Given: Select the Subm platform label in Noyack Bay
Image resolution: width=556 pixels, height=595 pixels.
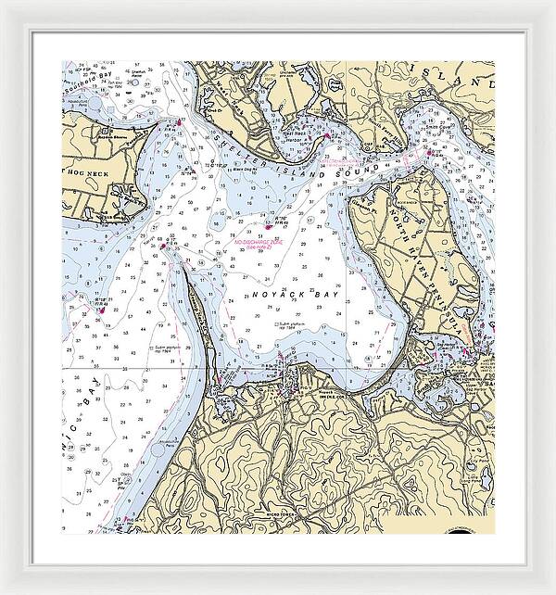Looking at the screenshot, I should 293,323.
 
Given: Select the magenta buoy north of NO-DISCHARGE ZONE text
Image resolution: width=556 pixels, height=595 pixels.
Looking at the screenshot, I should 269,223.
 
